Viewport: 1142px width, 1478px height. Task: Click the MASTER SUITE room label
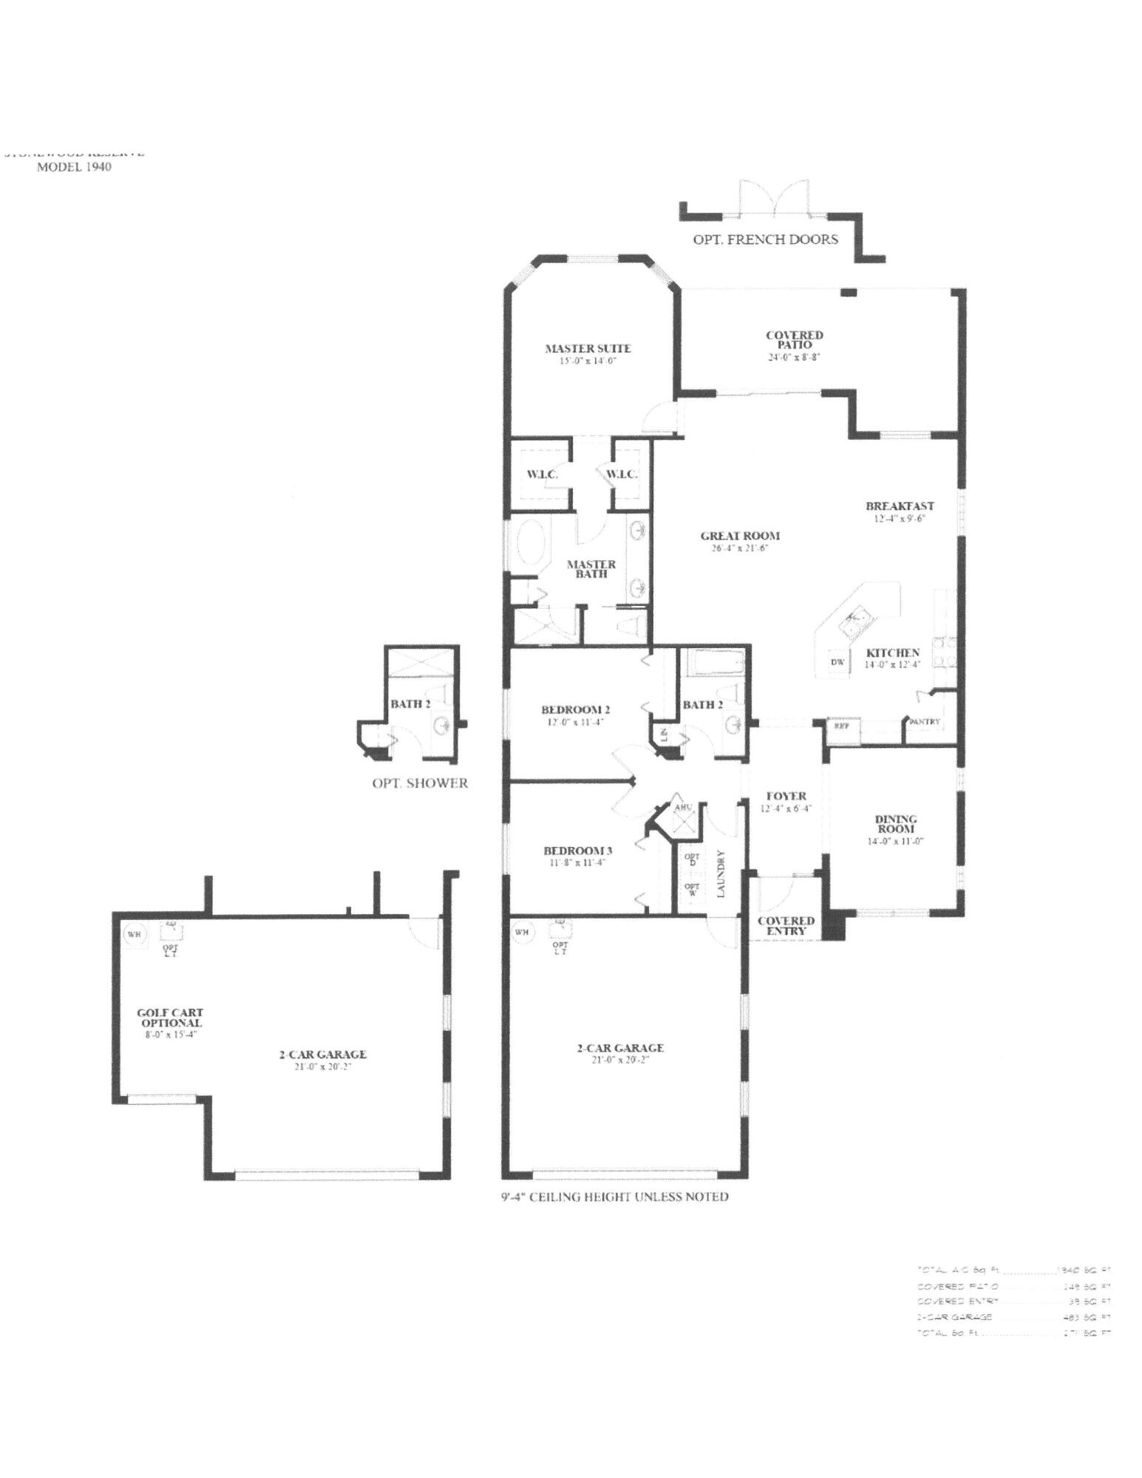click(x=588, y=348)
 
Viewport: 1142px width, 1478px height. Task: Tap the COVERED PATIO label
click(x=795, y=340)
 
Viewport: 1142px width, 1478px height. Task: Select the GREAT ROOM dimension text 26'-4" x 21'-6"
click(x=740, y=548)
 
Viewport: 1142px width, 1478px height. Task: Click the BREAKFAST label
click(x=900, y=506)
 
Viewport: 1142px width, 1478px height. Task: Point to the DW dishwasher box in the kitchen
click(x=837, y=662)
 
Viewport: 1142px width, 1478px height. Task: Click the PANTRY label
click(x=924, y=721)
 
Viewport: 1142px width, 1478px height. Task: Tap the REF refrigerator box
click(x=841, y=726)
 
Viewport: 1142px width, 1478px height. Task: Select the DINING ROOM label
click(x=896, y=823)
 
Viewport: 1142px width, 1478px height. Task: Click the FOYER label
click(x=786, y=796)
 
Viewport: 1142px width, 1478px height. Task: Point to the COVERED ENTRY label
click(x=786, y=925)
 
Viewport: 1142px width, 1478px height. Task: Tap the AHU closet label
click(x=683, y=807)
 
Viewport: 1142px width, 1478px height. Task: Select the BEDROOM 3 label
click(x=577, y=851)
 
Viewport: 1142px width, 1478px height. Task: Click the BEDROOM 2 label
click(x=575, y=709)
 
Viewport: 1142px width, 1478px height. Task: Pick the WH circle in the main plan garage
click(x=522, y=932)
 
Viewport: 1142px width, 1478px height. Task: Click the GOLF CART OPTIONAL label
click(x=170, y=1018)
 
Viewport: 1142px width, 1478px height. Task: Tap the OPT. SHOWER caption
click(x=420, y=783)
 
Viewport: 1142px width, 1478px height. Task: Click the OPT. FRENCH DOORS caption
click(x=765, y=239)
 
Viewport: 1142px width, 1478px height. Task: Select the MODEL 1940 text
click(x=74, y=167)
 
